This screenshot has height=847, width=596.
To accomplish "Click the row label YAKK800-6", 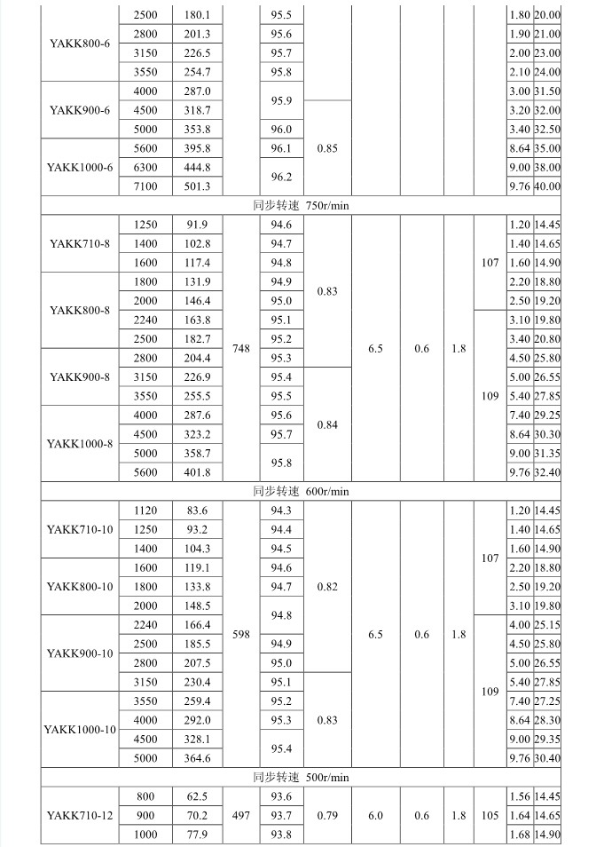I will (80, 43).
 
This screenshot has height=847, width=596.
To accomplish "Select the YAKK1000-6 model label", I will (80, 167).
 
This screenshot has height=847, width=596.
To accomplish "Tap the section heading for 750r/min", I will (302, 206).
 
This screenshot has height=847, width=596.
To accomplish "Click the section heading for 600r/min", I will (302, 491).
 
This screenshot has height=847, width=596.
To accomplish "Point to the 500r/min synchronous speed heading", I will (302, 777).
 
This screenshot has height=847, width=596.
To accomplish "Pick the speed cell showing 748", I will (240, 349).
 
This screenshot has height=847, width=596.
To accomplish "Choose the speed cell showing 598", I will (240, 635).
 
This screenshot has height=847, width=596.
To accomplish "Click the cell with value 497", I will (240, 816).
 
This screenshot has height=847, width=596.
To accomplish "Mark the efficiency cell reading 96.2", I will (281, 177).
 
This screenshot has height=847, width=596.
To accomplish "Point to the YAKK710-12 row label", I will (80, 816).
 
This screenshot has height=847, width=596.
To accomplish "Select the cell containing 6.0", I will (375, 816).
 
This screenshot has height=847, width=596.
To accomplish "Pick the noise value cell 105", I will (490, 816).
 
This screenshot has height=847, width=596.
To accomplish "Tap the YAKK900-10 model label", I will (80, 653).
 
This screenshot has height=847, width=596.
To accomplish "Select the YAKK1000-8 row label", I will (80, 444).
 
